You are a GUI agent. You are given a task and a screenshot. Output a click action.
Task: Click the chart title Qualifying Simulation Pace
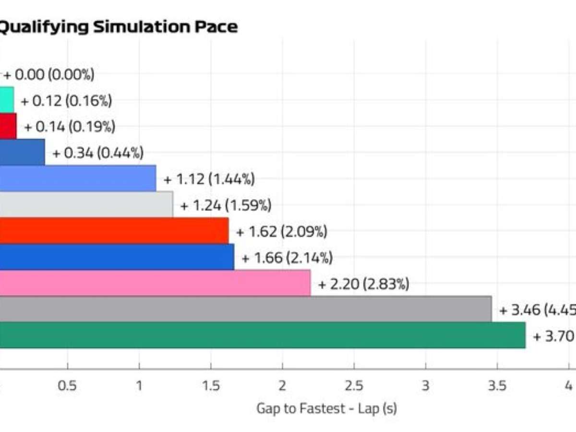click(118, 27)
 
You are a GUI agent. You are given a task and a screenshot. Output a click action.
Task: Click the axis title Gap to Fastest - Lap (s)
click(326, 409)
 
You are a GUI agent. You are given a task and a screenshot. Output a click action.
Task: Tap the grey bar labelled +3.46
click(245, 309)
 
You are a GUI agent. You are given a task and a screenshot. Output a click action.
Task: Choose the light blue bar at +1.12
click(77, 178)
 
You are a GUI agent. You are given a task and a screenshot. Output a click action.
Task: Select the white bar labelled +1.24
click(86, 204)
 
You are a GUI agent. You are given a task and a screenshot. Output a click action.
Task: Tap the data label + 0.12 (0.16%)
click(66, 101)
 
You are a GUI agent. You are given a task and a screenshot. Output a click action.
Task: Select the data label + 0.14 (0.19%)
click(70, 127)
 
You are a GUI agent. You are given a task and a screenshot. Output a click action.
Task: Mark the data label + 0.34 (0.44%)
click(98, 153)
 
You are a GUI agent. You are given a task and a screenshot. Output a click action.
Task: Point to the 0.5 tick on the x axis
click(67, 385)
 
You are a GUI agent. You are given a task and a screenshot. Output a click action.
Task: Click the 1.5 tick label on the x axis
click(211, 385)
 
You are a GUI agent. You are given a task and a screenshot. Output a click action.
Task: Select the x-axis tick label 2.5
click(354, 385)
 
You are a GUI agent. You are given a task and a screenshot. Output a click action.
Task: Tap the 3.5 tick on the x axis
click(497, 385)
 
